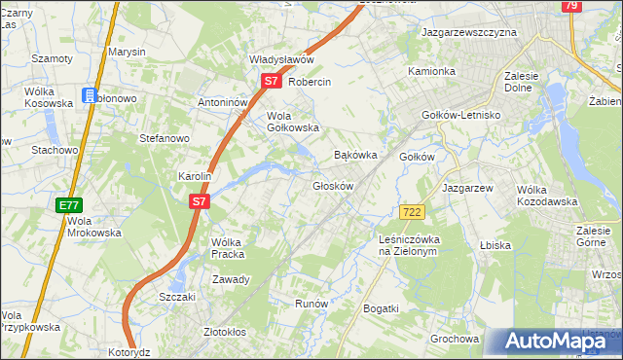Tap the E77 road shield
pyautogui.click(x=68, y=205)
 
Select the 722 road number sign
pyautogui.click(x=410, y=212)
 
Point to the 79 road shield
pyautogui.click(x=571, y=6)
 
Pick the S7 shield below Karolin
pyautogui.click(x=199, y=201)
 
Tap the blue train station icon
pyautogui.click(x=90, y=96)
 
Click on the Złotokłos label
pyautogui.click(x=221, y=331)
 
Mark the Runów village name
pyautogui.click(x=311, y=304)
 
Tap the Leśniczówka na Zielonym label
pyautogui.click(x=410, y=244)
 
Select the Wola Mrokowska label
pyautogui.click(x=93, y=227)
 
